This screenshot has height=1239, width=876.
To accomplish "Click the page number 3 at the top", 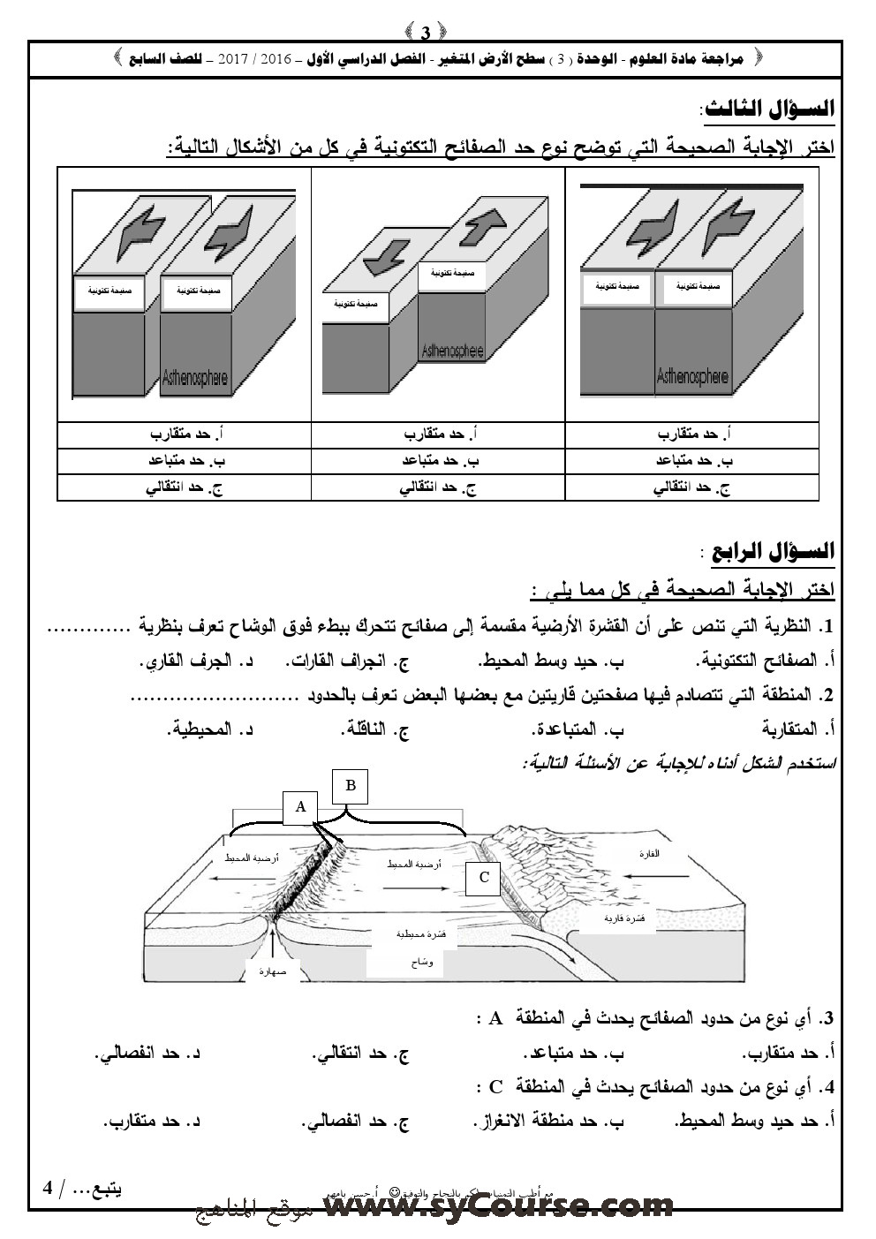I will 426,34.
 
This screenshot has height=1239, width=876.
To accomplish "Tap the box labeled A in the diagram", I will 300,807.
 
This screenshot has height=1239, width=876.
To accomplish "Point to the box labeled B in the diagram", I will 351,786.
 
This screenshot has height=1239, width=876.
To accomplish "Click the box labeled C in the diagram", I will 484,877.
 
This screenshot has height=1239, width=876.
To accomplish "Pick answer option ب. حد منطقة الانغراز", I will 554,1122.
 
